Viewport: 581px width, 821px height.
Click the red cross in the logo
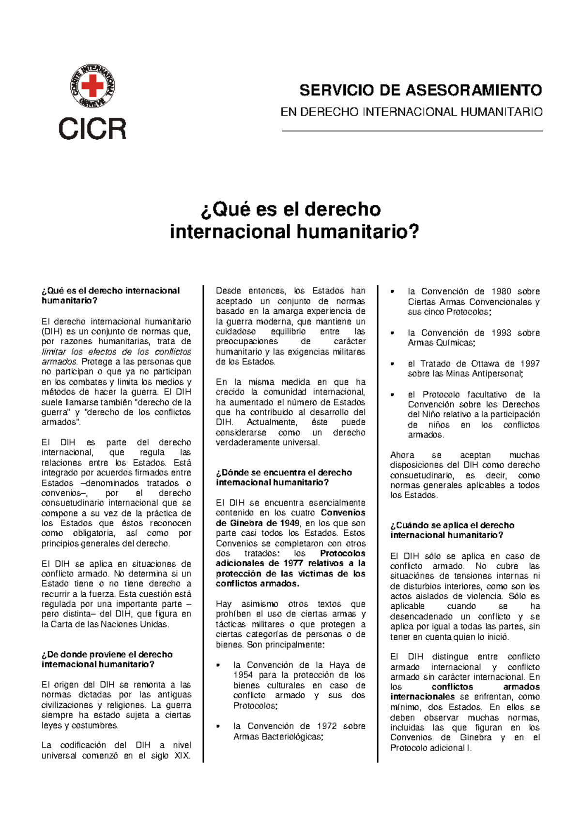92,87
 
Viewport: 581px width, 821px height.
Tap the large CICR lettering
92,129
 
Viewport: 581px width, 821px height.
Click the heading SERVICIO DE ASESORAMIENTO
420,90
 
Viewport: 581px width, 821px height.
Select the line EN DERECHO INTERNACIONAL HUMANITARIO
412,112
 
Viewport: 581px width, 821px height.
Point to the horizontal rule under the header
412,131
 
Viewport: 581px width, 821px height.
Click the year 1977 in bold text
293,563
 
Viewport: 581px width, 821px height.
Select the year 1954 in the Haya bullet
243,675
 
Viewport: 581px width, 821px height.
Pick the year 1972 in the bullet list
327,726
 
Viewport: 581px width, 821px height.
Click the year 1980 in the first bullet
501,292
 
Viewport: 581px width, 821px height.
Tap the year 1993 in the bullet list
501,333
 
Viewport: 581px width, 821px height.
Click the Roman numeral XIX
182,756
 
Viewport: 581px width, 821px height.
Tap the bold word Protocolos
343,553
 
